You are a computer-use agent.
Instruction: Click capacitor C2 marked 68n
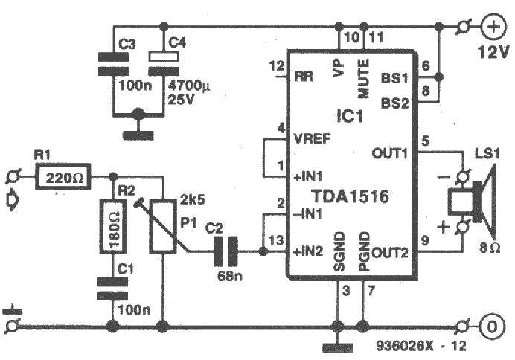pos(225,252)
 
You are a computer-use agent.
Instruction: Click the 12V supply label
pos(492,54)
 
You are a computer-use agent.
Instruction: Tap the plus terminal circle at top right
pos(493,28)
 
